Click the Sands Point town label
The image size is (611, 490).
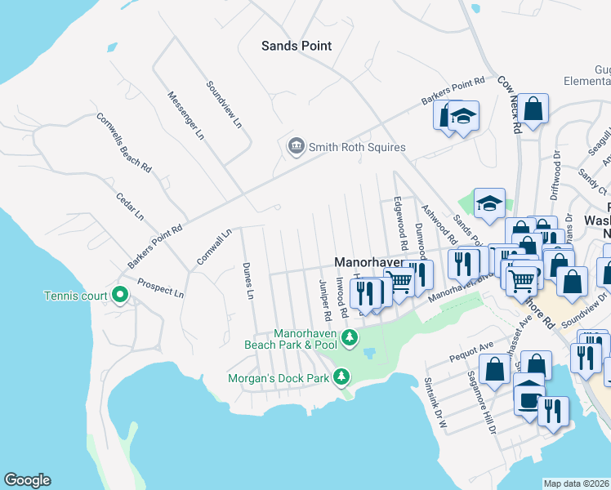[297, 46]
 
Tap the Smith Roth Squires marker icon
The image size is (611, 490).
[295, 147]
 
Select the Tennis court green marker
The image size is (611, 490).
[120, 295]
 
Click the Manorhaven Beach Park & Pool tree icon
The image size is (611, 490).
[350, 337]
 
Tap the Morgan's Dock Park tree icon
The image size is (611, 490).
[341, 377]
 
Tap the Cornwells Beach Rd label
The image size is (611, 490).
[124, 142]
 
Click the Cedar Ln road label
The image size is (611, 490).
[130, 207]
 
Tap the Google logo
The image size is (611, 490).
[27, 480]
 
